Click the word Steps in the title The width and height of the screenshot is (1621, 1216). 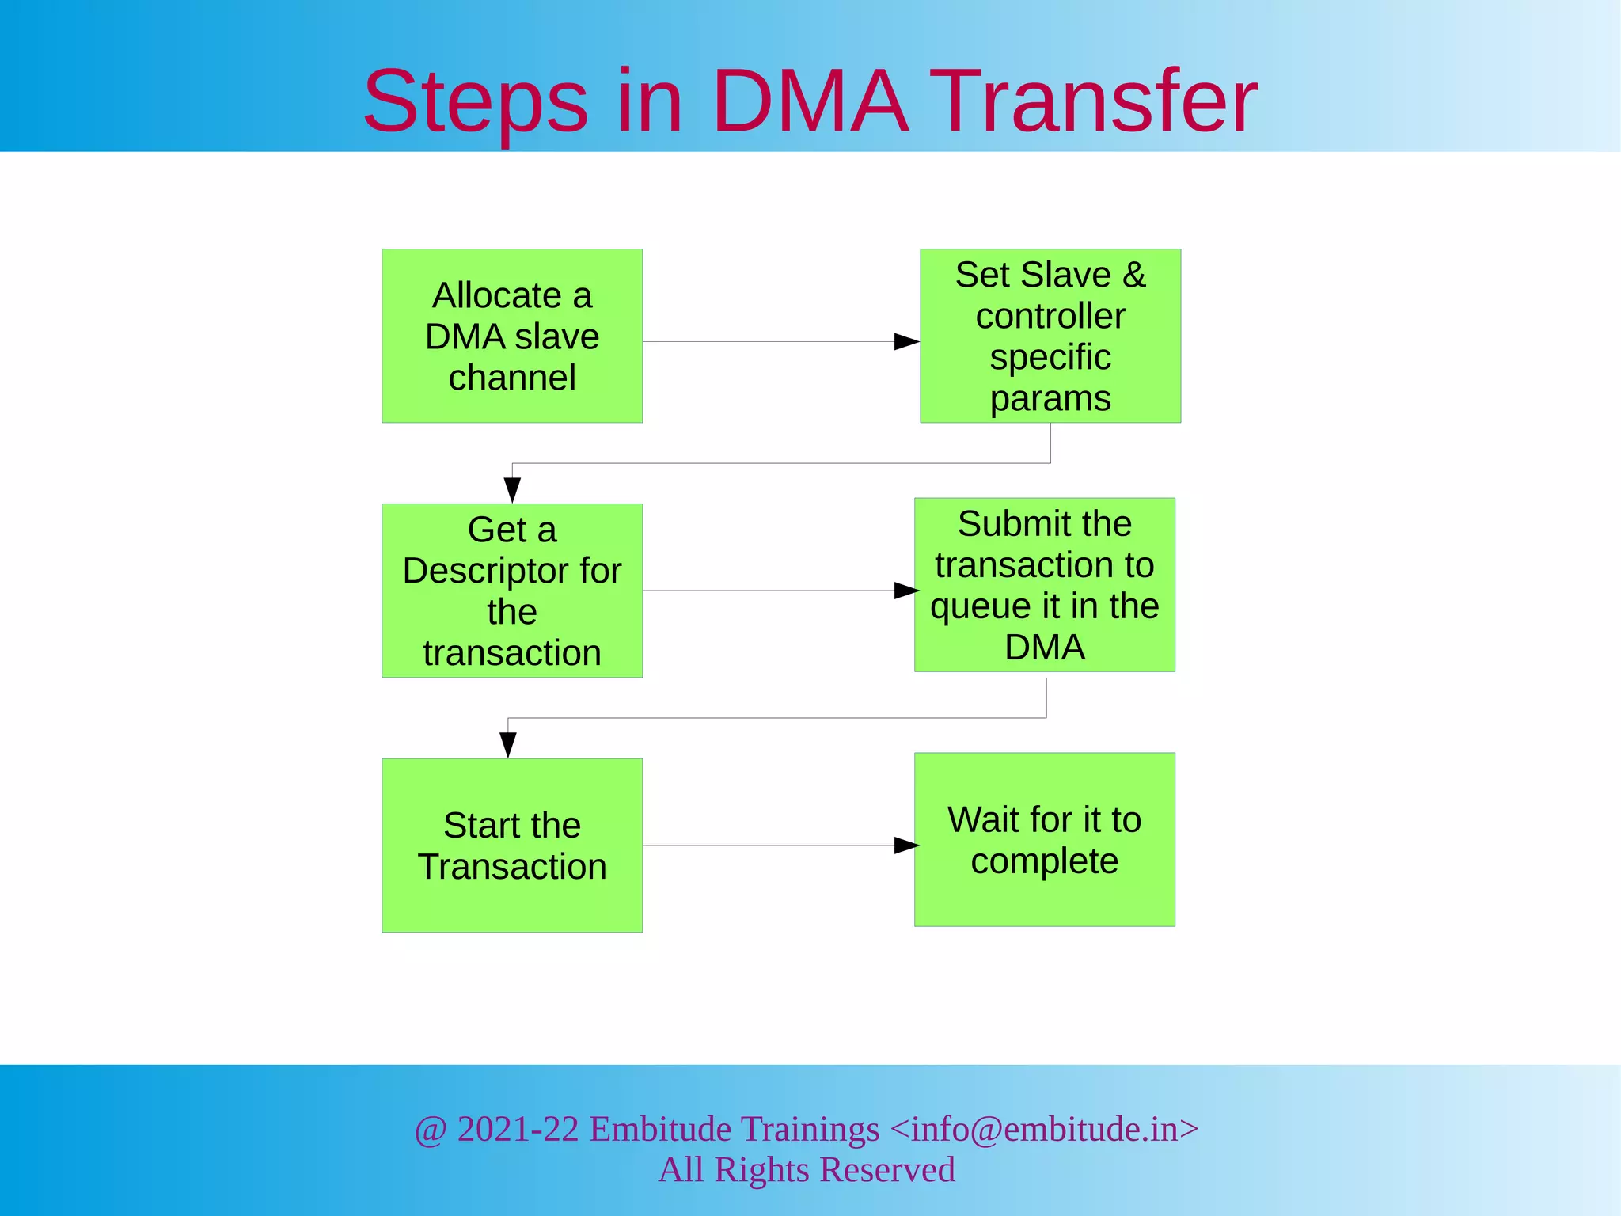[x=475, y=103]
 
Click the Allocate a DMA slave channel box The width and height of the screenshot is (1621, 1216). [x=512, y=336]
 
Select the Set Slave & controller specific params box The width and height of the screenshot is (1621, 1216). [x=1050, y=336]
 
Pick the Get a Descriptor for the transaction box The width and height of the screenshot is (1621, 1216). [x=512, y=591]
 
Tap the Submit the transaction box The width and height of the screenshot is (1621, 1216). [x=1044, y=585]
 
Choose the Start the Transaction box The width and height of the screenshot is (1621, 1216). [x=512, y=845]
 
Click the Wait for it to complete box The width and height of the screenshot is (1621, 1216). [x=1044, y=840]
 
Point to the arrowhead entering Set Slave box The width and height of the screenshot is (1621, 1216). [x=906, y=342]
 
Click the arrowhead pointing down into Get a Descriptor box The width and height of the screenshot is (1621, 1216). [x=513, y=489]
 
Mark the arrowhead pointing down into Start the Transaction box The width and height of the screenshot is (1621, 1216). [x=508, y=744]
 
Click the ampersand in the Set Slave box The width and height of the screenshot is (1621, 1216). [x=1133, y=275]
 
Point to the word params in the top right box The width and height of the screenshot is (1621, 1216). [x=1050, y=398]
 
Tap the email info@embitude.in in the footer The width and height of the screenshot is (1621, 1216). [x=1044, y=1129]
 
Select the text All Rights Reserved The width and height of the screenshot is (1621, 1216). [x=807, y=1170]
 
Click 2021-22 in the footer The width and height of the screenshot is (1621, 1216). [x=518, y=1129]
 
